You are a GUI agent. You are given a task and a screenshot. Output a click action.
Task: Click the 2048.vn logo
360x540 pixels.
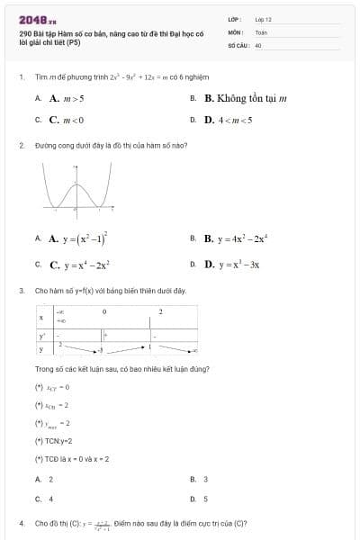pyautogui.click(x=37, y=19)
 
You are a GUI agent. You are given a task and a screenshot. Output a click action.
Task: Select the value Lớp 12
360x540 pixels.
pyautogui.click(x=263, y=18)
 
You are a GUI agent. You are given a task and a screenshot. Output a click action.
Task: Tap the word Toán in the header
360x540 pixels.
pyautogui.click(x=261, y=31)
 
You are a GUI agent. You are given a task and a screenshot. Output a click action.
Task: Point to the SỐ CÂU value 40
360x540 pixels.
pyautogui.click(x=258, y=43)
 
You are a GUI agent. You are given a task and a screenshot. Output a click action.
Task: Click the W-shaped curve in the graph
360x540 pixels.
pyautogui.click(x=81, y=193)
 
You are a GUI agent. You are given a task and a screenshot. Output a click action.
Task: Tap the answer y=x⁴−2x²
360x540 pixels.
pyautogui.click(x=79, y=265)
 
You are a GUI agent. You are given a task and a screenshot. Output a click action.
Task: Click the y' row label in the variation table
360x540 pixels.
pyautogui.click(x=41, y=335)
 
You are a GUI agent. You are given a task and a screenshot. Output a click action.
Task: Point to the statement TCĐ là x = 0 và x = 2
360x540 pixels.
pyautogui.click(x=72, y=459)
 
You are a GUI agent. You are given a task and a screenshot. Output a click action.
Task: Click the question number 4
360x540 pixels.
pyautogui.click(x=21, y=523)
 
